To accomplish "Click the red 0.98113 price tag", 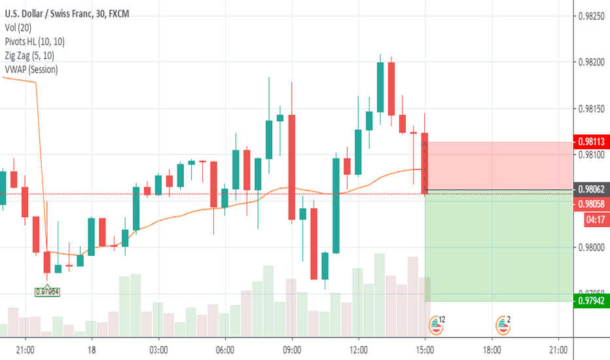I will [592, 141].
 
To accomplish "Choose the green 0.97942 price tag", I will [592, 301].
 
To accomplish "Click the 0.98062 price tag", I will [592, 190].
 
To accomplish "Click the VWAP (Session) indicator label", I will [30, 69].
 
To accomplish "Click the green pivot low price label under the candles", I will [47, 292].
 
